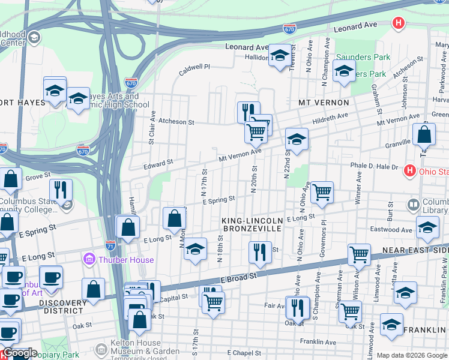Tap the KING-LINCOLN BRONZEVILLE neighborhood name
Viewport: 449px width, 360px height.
pos(252,225)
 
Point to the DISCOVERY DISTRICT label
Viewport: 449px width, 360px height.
pos(62,307)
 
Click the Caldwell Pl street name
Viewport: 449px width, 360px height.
pos(195,70)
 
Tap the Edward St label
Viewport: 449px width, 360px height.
pos(158,163)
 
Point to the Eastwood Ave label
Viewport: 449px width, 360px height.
pos(391,230)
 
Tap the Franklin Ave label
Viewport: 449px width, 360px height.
pos(318,341)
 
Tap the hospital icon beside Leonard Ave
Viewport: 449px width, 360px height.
pos(397,23)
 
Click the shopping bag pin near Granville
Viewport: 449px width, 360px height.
pos(424,134)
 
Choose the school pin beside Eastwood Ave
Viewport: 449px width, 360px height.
pos(427,228)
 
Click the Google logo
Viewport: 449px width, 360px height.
pos(20,353)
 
